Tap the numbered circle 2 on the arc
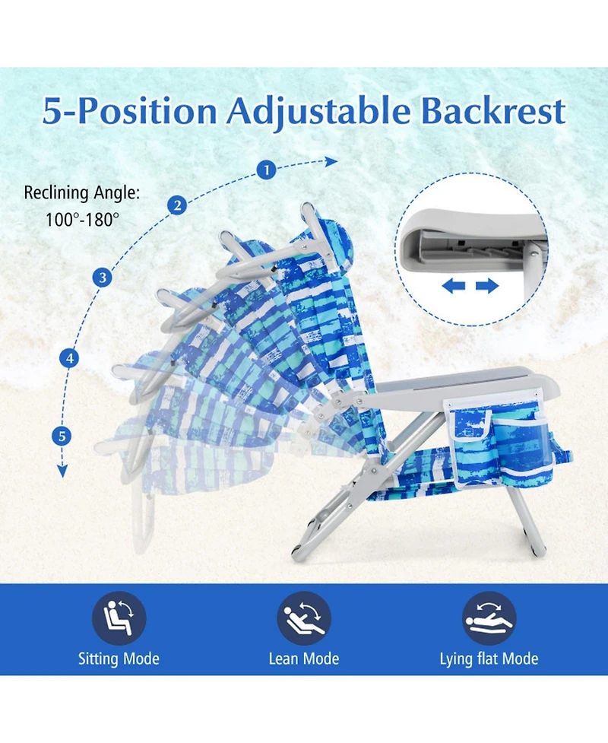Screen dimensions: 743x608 pyautogui.click(x=177, y=205)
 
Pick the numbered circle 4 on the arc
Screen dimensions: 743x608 pyautogui.click(x=71, y=357)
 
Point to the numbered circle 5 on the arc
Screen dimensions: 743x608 pyautogui.click(x=62, y=437)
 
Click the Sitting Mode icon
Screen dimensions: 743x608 pyautogui.click(x=119, y=618)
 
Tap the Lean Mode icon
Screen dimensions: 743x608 pyautogui.click(x=304, y=618)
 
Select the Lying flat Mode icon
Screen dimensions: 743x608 pyautogui.click(x=489, y=618)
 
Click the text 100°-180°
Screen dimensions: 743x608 pyautogui.click(x=83, y=220)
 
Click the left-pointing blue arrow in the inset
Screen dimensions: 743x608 pyautogui.click(x=454, y=286)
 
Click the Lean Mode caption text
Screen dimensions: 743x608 pyautogui.click(x=304, y=659)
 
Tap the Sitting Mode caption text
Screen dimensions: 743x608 pyautogui.click(x=119, y=659)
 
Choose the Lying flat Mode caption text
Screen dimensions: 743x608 pyautogui.click(x=489, y=659)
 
